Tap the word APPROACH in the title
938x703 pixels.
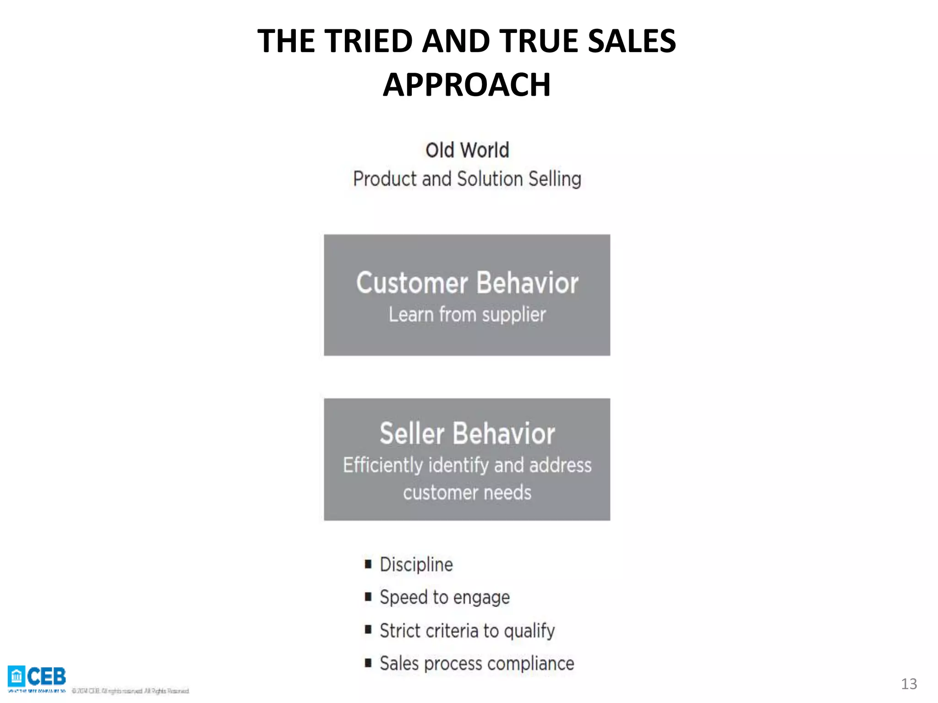click(x=467, y=85)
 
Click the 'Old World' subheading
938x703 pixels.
click(x=467, y=150)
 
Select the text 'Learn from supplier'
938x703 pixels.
click(x=467, y=315)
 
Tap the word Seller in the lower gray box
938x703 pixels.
click(x=412, y=433)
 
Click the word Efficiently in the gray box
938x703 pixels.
click(x=383, y=465)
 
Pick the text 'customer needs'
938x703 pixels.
click(x=467, y=493)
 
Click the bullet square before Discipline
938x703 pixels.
click(x=368, y=564)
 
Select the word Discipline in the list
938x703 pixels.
click(x=416, y=565)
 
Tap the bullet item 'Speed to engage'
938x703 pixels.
click(x=444, y=598)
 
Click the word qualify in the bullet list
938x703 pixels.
click(x=529, y=632)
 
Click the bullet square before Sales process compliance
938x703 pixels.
click(x=368, y=663)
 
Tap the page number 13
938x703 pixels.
click(x=909, y=684)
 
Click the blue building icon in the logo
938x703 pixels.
click(x=16, y=676)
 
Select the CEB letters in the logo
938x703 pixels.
click(x=46, y=676)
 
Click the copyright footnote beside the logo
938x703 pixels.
click(x=131, y=691)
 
